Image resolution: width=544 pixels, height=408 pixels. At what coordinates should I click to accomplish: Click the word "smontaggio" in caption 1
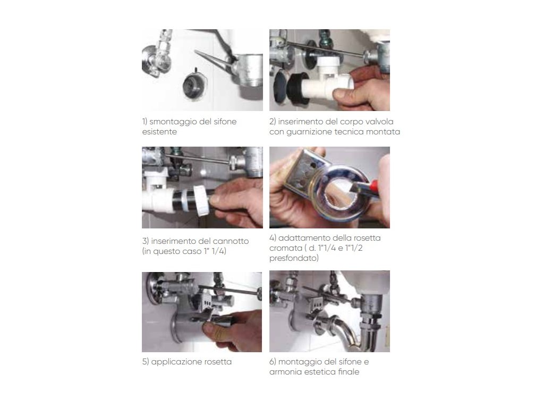coord(169,122)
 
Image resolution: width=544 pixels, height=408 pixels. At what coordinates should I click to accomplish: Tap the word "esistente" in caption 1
coord(159,132)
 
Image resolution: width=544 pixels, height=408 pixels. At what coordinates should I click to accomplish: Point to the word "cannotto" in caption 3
coord(231,241)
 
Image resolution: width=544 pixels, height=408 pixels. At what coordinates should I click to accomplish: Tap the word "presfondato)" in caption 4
coord(294,258)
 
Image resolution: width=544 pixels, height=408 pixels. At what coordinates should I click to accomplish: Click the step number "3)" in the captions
coord(146,241)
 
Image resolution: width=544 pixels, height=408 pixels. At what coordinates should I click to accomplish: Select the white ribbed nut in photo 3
coord(201,200)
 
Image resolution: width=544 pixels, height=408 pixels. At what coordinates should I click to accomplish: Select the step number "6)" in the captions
coord(273,362)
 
